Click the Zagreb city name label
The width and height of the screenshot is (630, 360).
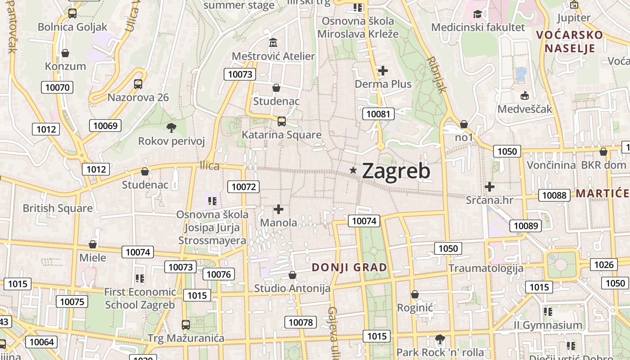click(396, 171)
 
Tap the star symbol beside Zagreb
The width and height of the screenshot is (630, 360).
click(353, 170)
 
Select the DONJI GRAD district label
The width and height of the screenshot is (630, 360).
click(349, 267)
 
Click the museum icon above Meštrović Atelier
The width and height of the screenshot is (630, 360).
click(273, 43)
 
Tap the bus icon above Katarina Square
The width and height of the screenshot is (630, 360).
click(281, 121)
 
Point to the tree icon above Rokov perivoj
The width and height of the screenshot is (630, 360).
click(171, 128)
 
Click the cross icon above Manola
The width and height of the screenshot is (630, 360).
click(279, 209)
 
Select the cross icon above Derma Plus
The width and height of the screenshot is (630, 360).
click(383, 71)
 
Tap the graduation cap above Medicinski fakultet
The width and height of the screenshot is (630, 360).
click(477, 14)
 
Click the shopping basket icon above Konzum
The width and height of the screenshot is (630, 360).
click(65, 53)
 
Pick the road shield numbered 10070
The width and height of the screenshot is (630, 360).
click(57, 87)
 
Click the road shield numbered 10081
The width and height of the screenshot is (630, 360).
click(378, 114)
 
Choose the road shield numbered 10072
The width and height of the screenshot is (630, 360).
click(243, 187)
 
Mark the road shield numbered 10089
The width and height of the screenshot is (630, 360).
click(526, 226)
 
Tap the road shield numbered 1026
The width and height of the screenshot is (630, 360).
click(604, 265)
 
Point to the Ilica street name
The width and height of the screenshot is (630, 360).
click(210, 166)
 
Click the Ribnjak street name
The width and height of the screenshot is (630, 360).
click(436, 74)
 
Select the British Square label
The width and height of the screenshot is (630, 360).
click(58, 208)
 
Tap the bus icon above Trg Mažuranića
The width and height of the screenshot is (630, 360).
click(185, 324)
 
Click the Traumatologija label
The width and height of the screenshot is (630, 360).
click(486, 269)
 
